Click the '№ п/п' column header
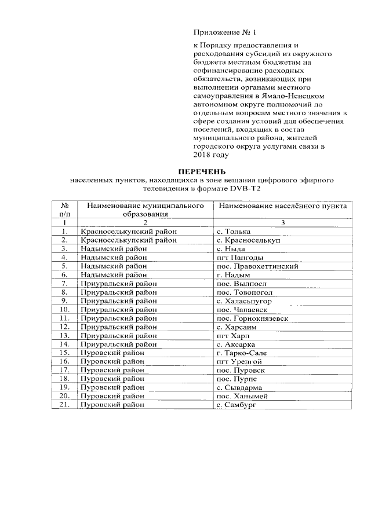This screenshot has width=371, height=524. [65, 210]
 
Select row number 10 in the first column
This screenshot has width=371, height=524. [65, 309]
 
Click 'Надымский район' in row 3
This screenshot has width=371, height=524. [114, 248]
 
